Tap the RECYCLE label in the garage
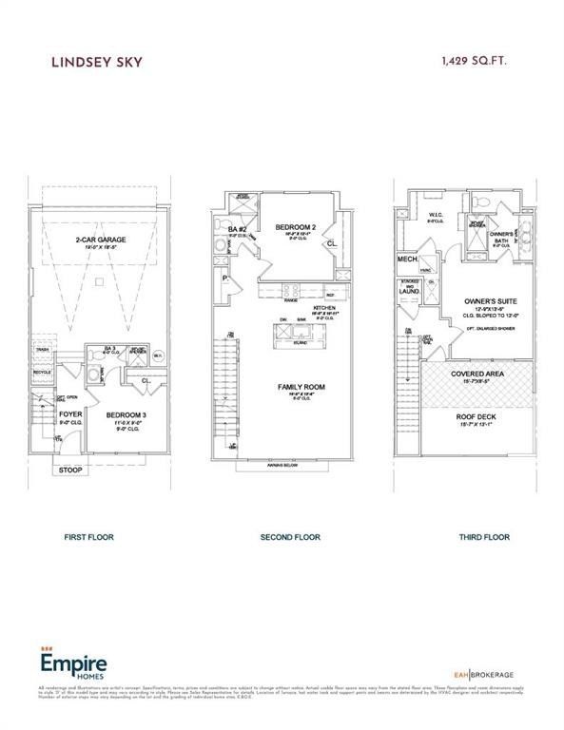[x=42, y=372]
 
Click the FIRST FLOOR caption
[x=88, y=537]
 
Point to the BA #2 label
[x=238, y=229]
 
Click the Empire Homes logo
[x=71, y=662]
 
